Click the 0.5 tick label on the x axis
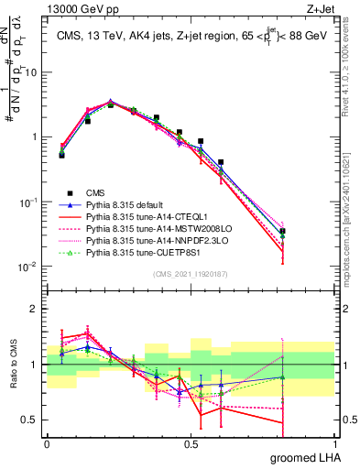click(191, 442)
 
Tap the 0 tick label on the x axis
click(47, 442)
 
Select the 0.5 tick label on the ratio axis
click(31, 421)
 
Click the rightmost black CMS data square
click(334, 232)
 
